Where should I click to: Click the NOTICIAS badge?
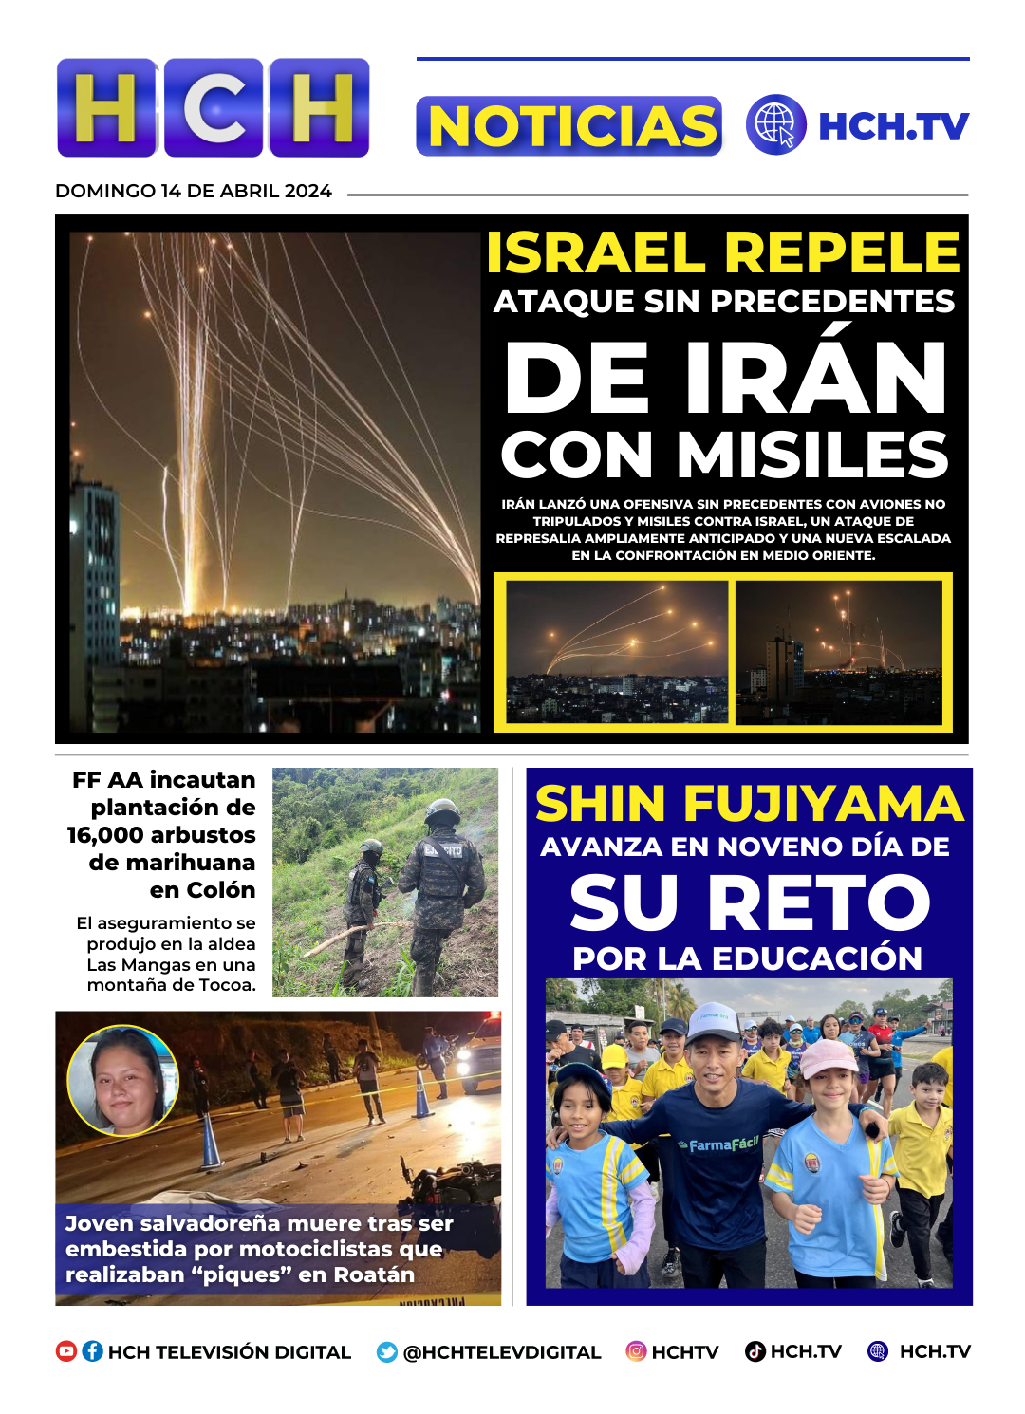[569, 126]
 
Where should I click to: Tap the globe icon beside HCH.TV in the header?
[775, 124]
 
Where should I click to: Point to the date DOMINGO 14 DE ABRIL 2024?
[194, 191]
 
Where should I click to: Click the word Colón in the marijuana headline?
[221, 890]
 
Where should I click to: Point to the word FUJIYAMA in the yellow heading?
[823, 803]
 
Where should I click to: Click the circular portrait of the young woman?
[123, 1081]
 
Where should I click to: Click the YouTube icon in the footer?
[66, 1351]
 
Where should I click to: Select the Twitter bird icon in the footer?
[386, 1352]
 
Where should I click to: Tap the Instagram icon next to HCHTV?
[636, 1351]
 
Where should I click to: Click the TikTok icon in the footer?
[755, 1351]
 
